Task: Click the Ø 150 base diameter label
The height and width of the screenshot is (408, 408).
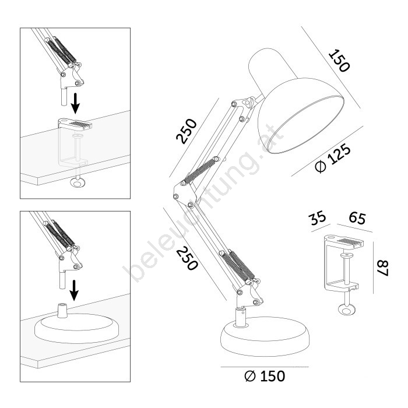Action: tap(265, 377)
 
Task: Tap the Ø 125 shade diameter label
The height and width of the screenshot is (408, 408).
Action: tap(333, 159)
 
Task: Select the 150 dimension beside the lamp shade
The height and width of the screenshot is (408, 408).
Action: tap(339, 61)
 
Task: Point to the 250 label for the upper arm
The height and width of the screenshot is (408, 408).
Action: tap(187, 131)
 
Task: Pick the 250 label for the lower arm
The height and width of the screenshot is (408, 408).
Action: tap(187, 258)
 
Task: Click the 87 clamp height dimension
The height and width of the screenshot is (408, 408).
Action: tap(383, 268)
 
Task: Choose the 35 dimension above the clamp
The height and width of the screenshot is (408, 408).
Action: tap(318, 218)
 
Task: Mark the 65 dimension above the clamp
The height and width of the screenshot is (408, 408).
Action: tap(357, 218)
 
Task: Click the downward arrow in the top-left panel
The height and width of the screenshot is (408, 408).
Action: tap(75, 104)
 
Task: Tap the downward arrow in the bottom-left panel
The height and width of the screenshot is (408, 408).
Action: tap(75, 290)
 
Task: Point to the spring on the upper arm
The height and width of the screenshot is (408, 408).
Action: tap(200, 171)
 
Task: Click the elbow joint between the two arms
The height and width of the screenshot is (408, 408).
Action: tap(183, 194)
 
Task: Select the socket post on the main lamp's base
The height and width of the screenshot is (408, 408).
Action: tap(241, 316)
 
